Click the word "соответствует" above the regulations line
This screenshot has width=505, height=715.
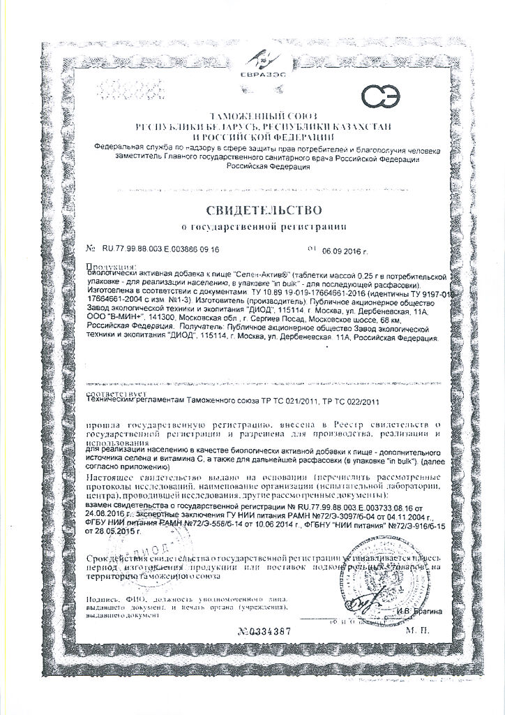(112, 394)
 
